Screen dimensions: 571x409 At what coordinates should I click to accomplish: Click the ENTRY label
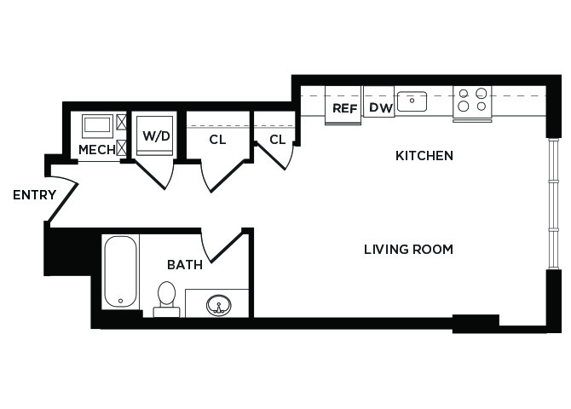coord(35,195)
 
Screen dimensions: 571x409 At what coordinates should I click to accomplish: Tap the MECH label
coord(97,149)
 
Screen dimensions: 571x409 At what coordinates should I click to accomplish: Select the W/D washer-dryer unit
coord(154,135)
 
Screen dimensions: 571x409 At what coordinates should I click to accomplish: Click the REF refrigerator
coord(343,106)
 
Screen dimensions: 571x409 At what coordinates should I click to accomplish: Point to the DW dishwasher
coord(378,101)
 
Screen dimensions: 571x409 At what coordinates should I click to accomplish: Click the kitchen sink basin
coord(412,101)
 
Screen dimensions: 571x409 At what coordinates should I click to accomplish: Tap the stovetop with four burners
coord(472,103)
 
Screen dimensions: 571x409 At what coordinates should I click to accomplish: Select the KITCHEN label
coord(424,156)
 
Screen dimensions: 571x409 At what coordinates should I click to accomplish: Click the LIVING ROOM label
coord(408,250)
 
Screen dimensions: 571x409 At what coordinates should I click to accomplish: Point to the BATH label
coord(185,265)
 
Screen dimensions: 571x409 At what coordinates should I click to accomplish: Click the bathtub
coord(120,272)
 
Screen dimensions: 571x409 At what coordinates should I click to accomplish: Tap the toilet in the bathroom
coord(166,298)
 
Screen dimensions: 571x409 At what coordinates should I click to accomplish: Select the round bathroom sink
coord(218,305)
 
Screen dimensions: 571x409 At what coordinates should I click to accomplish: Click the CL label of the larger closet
coord(217,140)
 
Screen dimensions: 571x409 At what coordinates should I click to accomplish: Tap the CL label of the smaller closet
coord(278,140)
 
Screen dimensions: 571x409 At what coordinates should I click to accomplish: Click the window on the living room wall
coord(553,204)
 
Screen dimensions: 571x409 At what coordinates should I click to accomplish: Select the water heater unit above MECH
coord(97,126)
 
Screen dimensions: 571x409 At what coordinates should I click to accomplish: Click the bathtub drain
coord(120,301)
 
